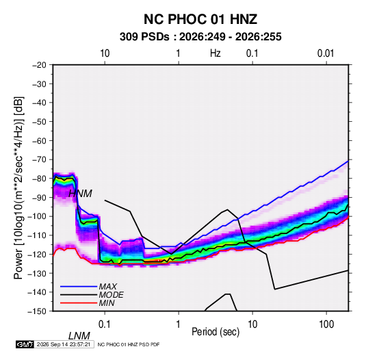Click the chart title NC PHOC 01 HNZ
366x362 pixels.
point(200,19)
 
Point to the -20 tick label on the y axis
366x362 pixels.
point(39,65)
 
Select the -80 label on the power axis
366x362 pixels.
point(39,179)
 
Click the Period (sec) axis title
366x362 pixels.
point(215,332)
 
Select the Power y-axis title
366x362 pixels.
point(18,188)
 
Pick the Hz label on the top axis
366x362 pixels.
point(215,53)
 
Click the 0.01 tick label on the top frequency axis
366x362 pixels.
point(326,53)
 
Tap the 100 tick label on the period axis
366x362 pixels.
point(326,324)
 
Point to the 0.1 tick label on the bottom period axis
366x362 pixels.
point(105,324)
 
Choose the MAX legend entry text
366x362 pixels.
point(108,287)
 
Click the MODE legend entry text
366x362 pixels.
point(111,295)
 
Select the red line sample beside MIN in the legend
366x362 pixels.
point(79,303)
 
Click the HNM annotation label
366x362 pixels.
point(80,194)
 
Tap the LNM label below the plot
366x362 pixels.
point(79,336)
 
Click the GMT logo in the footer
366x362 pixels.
point(25,344)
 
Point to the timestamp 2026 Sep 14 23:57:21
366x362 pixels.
point(64,344)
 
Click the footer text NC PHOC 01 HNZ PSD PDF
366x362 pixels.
point(129,344)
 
